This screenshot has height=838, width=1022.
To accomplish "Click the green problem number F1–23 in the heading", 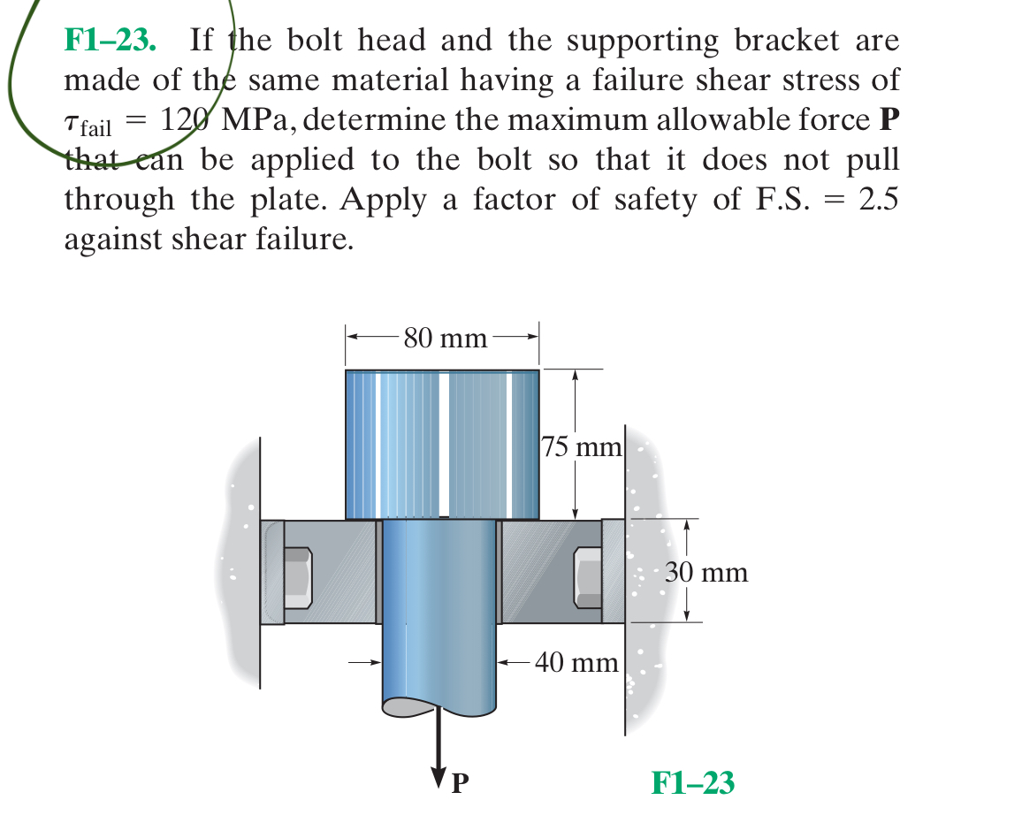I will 111,41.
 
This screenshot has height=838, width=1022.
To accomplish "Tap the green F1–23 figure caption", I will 692,782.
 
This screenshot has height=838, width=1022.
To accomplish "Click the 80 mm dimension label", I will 444,338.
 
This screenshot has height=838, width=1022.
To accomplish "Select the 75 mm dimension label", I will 582,447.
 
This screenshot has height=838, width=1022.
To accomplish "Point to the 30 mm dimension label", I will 707,572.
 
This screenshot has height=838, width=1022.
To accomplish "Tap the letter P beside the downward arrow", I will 460,782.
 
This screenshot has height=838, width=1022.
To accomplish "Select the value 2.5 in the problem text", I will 877,200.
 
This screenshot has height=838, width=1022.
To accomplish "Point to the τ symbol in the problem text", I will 72,123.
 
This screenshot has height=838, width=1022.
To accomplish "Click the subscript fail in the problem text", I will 96,129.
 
